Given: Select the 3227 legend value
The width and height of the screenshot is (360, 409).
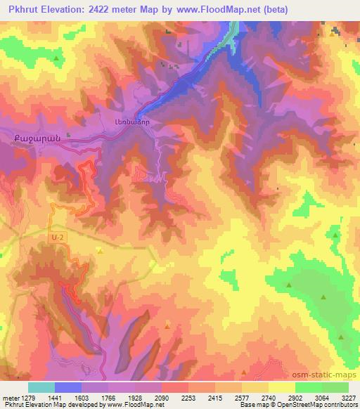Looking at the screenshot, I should pos(349,397).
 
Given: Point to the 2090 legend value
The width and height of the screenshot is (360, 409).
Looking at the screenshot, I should pos(162,397).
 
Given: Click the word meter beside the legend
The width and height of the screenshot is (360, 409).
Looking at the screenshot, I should pos(10,397).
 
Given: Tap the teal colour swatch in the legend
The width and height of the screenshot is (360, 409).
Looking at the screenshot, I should pos(41,387).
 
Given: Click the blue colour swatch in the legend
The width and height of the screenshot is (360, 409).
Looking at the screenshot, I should pos(68,387).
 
